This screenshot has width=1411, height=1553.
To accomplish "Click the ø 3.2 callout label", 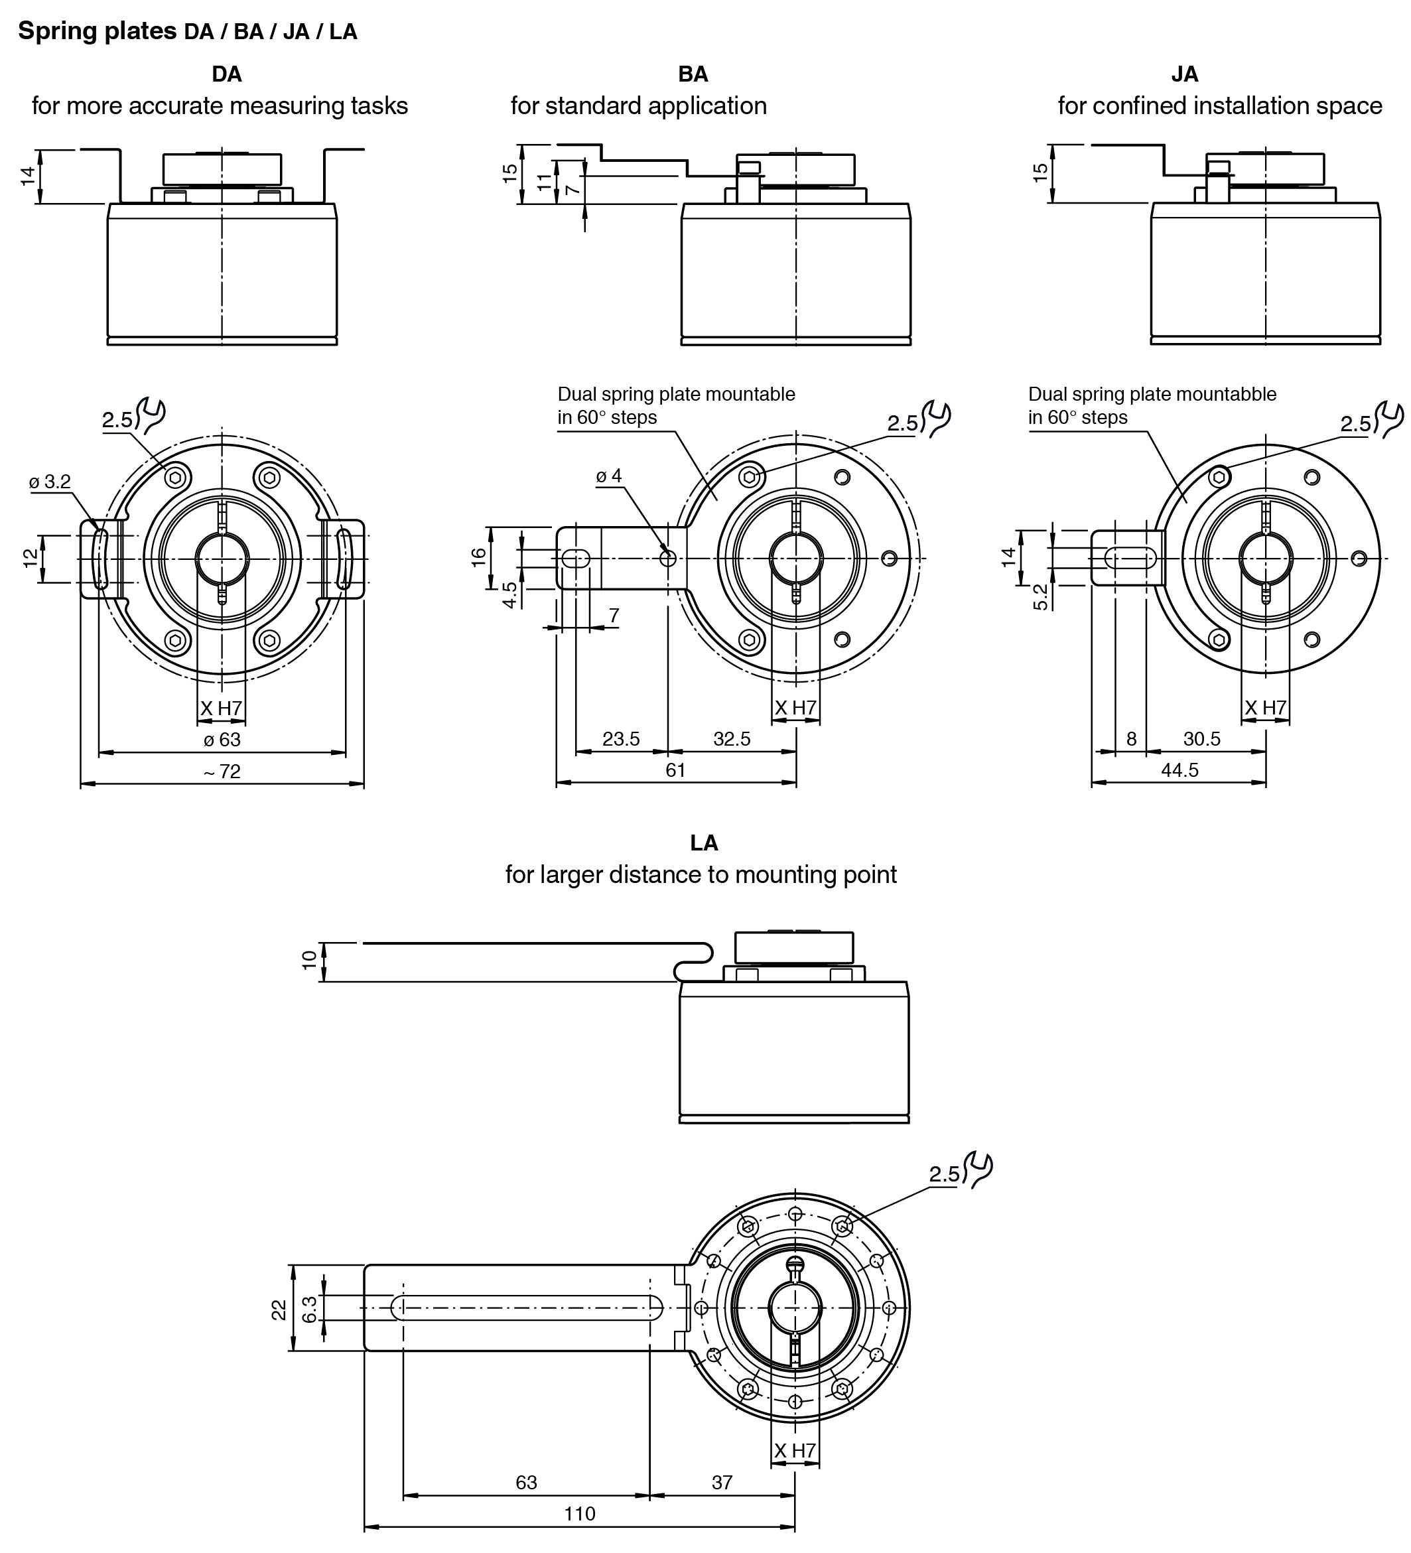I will [x=50, y=482].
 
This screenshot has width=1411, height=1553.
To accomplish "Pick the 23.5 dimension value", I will [x=621, y=739].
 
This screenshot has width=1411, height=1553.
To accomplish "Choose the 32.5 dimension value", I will [x=732, y=739].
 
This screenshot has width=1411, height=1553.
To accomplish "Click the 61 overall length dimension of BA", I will [x=675, y=770].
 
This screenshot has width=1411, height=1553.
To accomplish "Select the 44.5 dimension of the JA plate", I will [x=1180, y=770].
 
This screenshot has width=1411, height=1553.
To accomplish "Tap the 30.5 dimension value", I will [x=1201, y=739].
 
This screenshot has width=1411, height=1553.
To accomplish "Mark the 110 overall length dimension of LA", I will [x=579, y=1514].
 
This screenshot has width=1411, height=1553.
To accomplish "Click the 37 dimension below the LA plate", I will [x=722, y=1482].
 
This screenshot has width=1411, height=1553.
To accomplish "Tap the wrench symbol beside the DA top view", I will [x=152, y=415].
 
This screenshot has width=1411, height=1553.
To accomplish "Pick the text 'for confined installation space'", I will [x=1220, y=105].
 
